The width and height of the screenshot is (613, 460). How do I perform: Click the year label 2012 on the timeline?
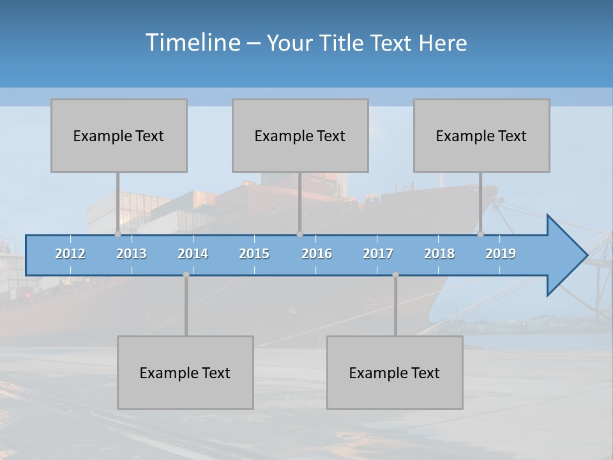pyautogui.click(x=70, y=254)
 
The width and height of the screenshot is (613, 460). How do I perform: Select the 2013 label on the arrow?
pyautogui.click(x=132, y=254)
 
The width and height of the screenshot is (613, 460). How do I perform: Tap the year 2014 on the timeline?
pyautogui.click(x=193, y=254)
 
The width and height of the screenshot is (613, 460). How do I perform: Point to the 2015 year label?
pyautogui.click(x=254, y=254)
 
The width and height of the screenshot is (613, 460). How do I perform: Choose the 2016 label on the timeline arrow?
pyautogui.click(x=317, y=254)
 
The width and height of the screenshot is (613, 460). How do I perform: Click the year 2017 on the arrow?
pyautogui.click(x=378, y=254)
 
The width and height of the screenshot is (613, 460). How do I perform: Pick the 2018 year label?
pyautogui.click(x=439, y=254)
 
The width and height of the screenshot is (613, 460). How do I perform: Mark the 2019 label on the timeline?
pyautogui.click(x=501, y=254)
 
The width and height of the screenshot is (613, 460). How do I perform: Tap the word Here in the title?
pyautogui.click(x=443, y=43)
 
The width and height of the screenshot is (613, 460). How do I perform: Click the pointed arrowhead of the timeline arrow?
pyautogui.click(x=568, y=256)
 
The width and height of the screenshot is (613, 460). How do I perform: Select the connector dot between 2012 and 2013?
pyautogui.click(x=117, y=234)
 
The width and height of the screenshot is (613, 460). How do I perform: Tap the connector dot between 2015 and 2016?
pyautogui.click(x=299, y=234)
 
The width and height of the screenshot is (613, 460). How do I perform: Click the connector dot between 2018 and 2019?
pyautogui.click(x=481, y=234)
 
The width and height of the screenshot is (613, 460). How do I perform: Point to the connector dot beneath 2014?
pyautogui.click(x=186, y=275)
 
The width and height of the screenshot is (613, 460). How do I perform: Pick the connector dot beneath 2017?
pyautogui.click(x=395, y=275)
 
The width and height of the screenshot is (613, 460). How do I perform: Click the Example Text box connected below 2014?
pyautogui.click(x=185, y=372)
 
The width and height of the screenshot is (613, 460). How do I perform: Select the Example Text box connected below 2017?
pyautogui.click(x=395, y=372)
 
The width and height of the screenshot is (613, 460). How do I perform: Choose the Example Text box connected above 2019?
pyautogui.click(x=481, y=135)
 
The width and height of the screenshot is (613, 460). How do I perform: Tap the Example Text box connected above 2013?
pyautogui.click(x=119, y=135)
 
